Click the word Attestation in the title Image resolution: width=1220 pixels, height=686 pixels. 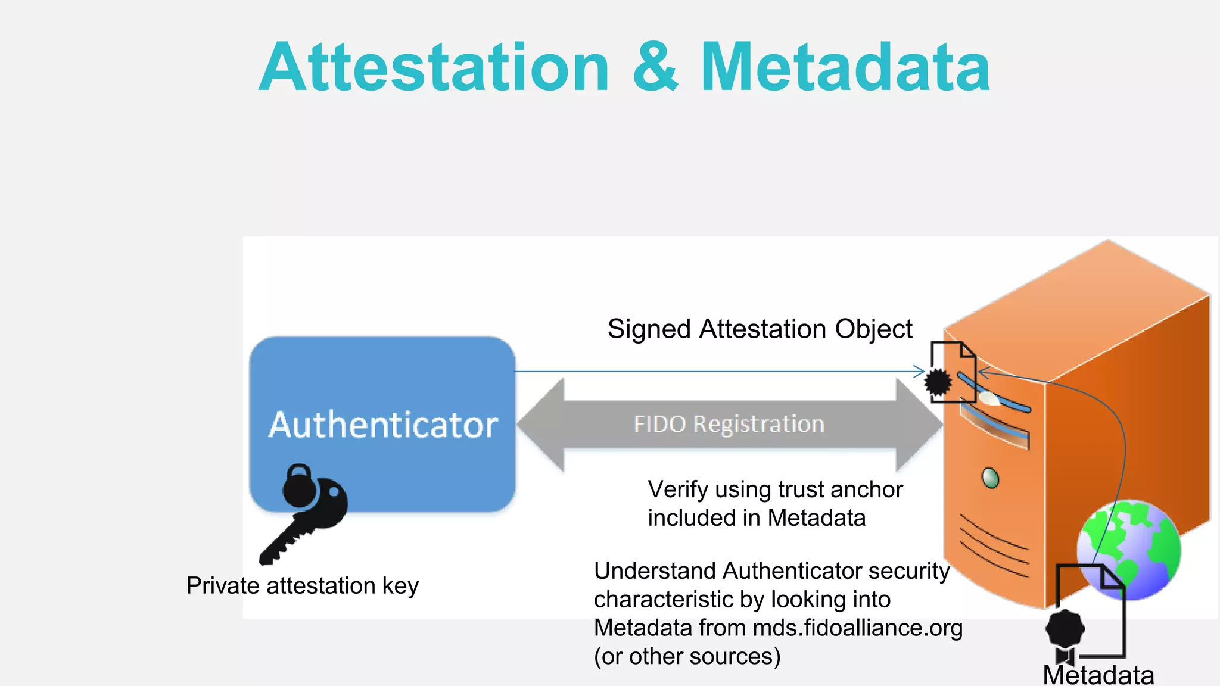pos(434,67)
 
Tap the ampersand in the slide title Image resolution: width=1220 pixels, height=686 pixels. pos(655,67)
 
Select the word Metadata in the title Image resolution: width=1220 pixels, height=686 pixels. pos(845,67)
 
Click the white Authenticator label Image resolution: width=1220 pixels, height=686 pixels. pos(383,425)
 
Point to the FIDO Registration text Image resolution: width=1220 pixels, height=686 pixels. pos(729,424)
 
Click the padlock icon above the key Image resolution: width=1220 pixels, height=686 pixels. pos(299,485)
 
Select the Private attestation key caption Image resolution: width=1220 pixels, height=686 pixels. pos(303,586)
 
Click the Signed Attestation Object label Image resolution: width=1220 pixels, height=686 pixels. pos(760,329)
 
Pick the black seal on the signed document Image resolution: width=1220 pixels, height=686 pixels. pos(938,382)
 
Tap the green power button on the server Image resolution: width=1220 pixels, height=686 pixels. pos(990,478)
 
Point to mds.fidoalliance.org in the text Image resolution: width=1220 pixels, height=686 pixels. pos(857,628)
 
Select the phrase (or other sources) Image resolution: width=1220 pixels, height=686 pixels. pos(687,657)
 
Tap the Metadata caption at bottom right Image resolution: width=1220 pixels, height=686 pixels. pos(1098,675)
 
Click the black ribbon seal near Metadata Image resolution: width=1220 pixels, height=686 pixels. pos(1065,634)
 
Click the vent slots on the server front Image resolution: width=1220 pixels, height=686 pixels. pos(993,545)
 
